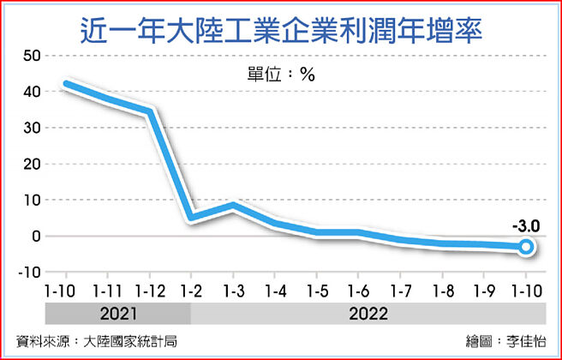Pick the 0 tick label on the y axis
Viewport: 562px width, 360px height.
tap(37, 236)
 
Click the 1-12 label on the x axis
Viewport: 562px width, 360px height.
tap(150, 290)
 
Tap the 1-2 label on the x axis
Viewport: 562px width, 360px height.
tap(191, 290)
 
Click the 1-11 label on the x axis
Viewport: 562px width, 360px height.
tap(108, 290)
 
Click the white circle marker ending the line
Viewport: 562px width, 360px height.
tap(527, 247)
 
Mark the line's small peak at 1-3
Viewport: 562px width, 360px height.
tap(233, 205)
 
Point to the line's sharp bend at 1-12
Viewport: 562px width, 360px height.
tap(151, 111)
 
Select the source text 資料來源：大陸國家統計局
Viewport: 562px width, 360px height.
tap(97, 340)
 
